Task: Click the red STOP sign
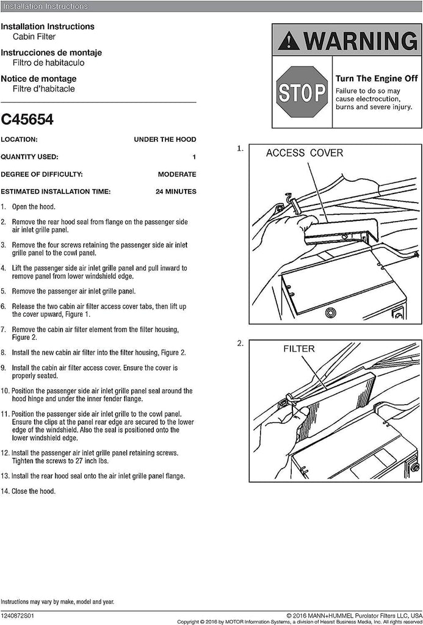tap(302, 93)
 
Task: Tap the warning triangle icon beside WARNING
tap(288, 42)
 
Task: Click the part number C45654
tap(27, 120)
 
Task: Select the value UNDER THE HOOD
tap(165, 139)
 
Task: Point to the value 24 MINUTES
tap(176, 192)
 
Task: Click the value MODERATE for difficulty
tap(177, 174)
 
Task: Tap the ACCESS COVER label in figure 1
tap(304, 153)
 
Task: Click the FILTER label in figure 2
tap(298, 349)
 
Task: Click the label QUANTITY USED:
tap(29, 157)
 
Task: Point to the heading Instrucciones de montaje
tap(51, 52)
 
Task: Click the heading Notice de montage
tap(38, 79)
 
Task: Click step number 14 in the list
tap(4, 491)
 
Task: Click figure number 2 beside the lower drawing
tap(240, 344)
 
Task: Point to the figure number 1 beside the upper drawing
tap(240, 148)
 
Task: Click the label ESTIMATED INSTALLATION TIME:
tap(56, 192)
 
